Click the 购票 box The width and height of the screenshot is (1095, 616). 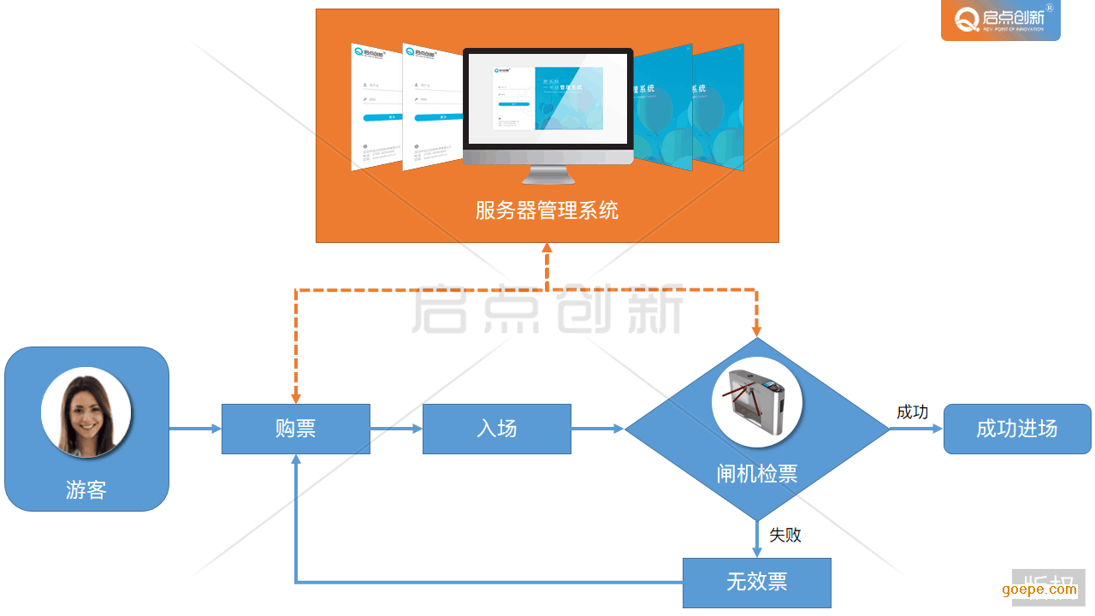point(295,429)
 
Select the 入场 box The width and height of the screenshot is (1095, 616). point(497,429)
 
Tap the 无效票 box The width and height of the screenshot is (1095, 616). point(756,583)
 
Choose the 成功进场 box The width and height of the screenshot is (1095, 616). point(1017,429)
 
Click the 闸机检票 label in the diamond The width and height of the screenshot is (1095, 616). point(757,474)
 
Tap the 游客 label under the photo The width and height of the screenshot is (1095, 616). point(86,490)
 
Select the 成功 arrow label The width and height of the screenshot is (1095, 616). point(912,412)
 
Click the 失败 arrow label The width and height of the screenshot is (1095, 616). point(784,535)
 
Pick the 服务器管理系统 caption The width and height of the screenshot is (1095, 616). point(547,210)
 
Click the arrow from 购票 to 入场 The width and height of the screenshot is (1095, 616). point(396,429)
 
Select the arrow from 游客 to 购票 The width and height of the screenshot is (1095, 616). point(195,429)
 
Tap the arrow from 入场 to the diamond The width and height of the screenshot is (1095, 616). point(598,429)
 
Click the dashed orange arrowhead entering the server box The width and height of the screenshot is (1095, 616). point(547,248)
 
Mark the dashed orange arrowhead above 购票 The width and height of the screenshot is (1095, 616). point(296,397)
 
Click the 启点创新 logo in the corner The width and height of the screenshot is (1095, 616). point(1000,21)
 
